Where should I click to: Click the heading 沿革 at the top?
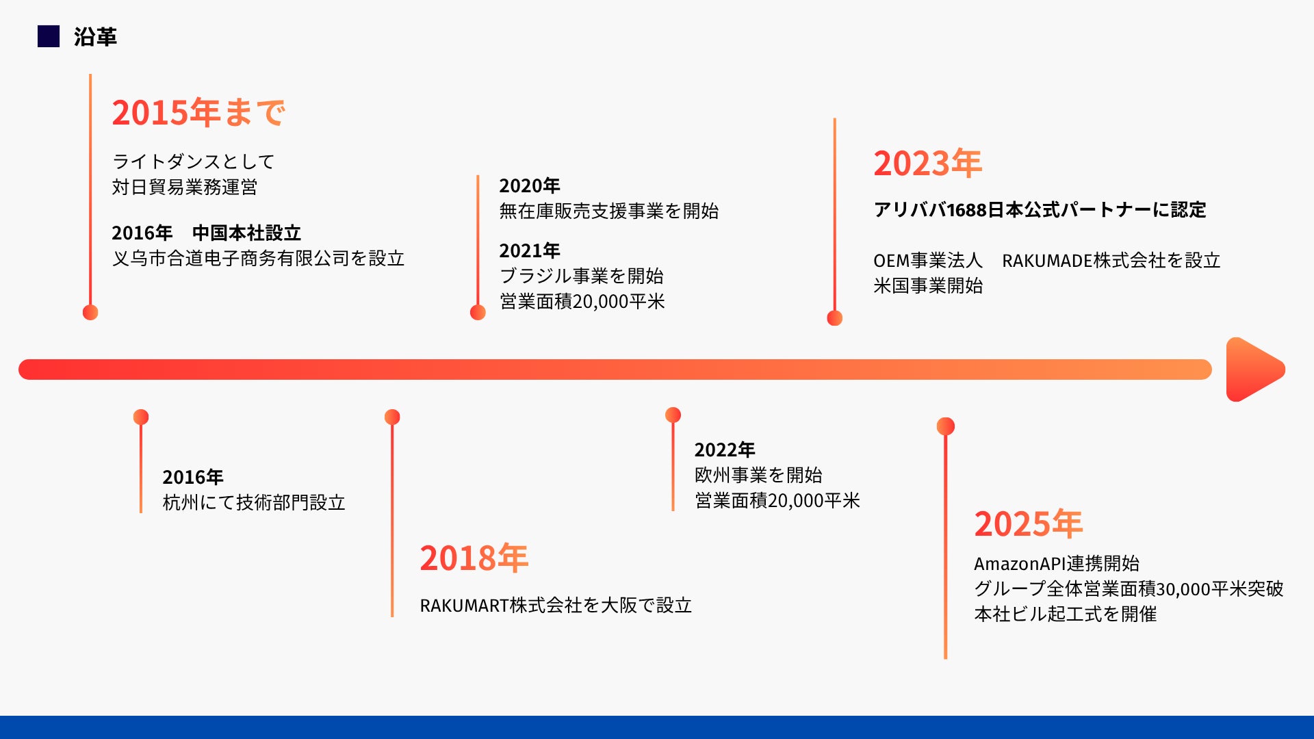tap(95, 37)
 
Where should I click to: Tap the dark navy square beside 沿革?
tap(49, 36)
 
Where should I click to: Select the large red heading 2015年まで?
tap(198, 113)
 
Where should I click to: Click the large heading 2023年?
tap(927, 164)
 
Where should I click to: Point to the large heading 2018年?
tap(474, 558)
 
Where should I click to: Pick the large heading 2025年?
tap(1028, 524)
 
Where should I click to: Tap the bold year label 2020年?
tap(530, 185)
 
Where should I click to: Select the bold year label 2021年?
tap(530, 250)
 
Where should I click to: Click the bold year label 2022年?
tap(725, 450)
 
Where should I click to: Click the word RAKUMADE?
tap(1047, 261)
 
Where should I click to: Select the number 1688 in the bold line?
tap(966, 210)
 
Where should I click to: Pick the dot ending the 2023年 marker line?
tap(834, 318)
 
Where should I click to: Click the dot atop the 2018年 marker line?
tap(392, 417)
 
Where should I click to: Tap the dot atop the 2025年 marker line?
tap(946, 426)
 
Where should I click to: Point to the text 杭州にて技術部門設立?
tap(254, 503)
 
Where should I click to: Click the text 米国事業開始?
tap(928, 286)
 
